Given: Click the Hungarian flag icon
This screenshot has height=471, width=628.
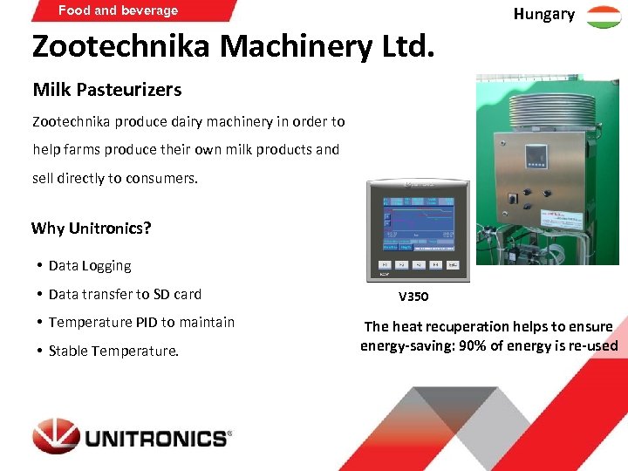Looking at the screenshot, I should click(604, 16).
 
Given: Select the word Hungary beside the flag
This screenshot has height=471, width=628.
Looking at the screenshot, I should click(543, 14).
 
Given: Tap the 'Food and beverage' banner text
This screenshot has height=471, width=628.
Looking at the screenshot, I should click(118, 10).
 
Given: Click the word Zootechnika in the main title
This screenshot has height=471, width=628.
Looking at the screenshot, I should click(120, 46).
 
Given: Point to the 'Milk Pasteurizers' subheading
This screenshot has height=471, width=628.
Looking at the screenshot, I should click(107, 90).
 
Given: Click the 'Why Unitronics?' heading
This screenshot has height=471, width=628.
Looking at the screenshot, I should click(92, 229).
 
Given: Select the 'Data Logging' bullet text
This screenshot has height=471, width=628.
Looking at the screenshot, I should click(90, 266).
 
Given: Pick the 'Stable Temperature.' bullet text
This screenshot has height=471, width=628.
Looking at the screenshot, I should click(113, 352).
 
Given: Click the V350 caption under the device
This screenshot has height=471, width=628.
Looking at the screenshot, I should click(413, 297).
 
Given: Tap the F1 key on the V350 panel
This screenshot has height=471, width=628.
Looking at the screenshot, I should click(385, 263).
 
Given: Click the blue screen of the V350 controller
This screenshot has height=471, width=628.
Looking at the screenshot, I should click(417, 222).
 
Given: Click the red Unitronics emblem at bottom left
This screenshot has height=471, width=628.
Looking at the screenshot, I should click(56, 436).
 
